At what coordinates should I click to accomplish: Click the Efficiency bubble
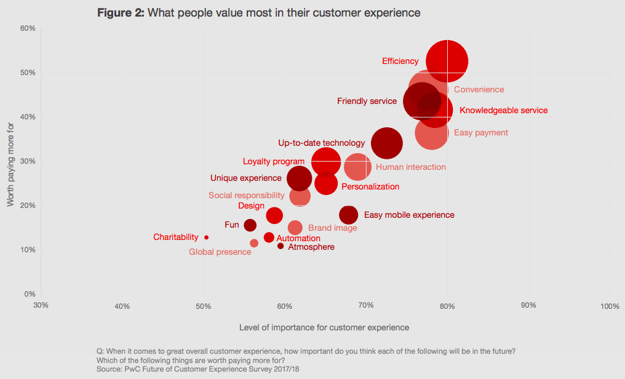tap(447, 61)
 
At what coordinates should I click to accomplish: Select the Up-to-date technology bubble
tap(387, 143)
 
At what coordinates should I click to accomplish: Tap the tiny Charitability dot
tap(207, 237)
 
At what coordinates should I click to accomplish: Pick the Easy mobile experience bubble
tap(349, 215)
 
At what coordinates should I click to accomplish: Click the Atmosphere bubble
tap(281, 246)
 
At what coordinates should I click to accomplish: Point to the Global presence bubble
tap(254, 243)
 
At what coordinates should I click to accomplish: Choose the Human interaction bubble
tap(357, 166)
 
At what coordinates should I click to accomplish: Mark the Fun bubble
tap(250, 225)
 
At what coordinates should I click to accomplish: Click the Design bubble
tap(274, 215)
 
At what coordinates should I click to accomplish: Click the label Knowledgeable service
tap(503, 111)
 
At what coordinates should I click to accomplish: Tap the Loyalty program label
tap(274, 162)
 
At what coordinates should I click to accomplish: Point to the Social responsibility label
tap(245, 196)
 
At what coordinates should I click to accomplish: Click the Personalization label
tap(370, 186)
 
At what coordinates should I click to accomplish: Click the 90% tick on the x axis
tap(528, 306)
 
